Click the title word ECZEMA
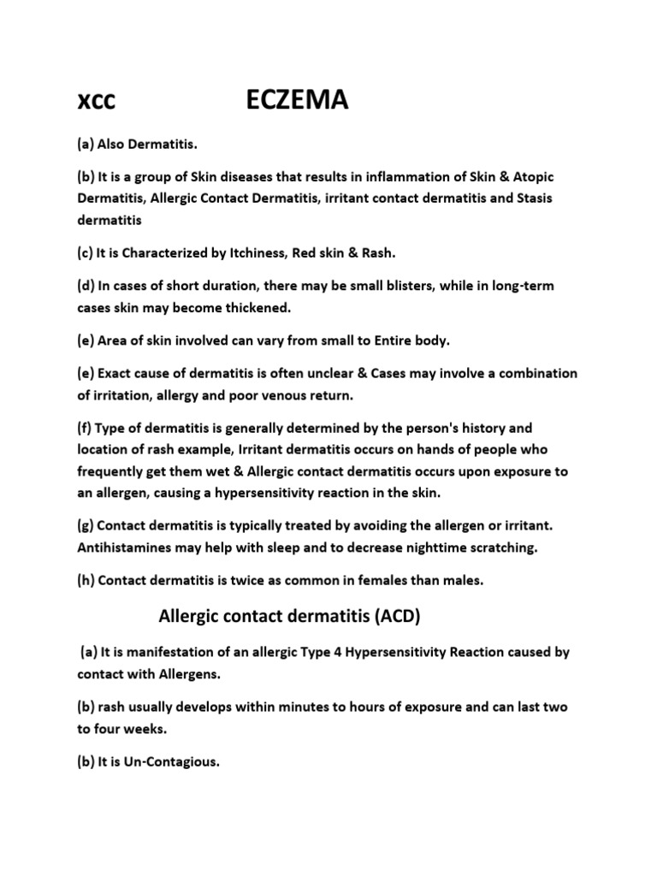click(x=297, y=102)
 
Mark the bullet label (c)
click(x=87, y=253)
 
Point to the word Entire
click(x=378, y=340)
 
